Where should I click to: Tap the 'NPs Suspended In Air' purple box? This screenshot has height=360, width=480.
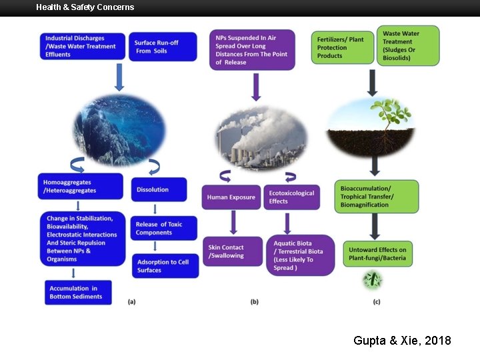tap(252, 50)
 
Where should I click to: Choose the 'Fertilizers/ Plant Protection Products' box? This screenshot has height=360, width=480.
tap(343, 47)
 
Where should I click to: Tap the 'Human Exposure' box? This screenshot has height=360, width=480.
tap(232, 197)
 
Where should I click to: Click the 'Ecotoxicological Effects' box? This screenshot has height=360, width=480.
tap(291, 197)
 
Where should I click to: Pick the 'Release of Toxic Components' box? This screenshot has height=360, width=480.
tap(164, 228)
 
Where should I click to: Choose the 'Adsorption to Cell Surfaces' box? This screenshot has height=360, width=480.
tap(164, 266)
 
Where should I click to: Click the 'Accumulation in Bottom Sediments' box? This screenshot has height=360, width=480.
tap(79, 292)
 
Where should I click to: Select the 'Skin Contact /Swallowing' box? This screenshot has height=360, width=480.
tap(232, 251)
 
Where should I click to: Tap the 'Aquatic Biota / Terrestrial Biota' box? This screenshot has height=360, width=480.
tap(300, 255)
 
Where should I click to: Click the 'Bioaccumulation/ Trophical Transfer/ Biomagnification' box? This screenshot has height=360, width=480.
tap(375, 197)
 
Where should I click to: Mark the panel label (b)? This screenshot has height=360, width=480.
tap(254, 302)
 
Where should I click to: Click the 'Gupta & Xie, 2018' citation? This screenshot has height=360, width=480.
tap(402, 341)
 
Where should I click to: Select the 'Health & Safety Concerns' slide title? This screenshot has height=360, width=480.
tap(85, 7)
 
